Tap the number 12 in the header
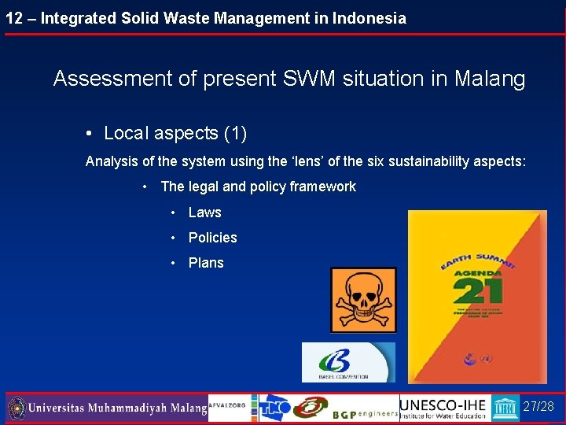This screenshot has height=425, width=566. pos(13,17)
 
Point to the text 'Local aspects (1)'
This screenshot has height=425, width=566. pos(175,134)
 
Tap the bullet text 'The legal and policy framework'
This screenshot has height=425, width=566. pos(258,187)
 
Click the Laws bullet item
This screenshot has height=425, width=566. pos(204,213)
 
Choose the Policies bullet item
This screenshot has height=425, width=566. pos(212,238)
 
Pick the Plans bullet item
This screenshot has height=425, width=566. pos(206,263)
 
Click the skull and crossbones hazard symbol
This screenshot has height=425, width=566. pos(363,299)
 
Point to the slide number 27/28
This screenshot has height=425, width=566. pos(538,407)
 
